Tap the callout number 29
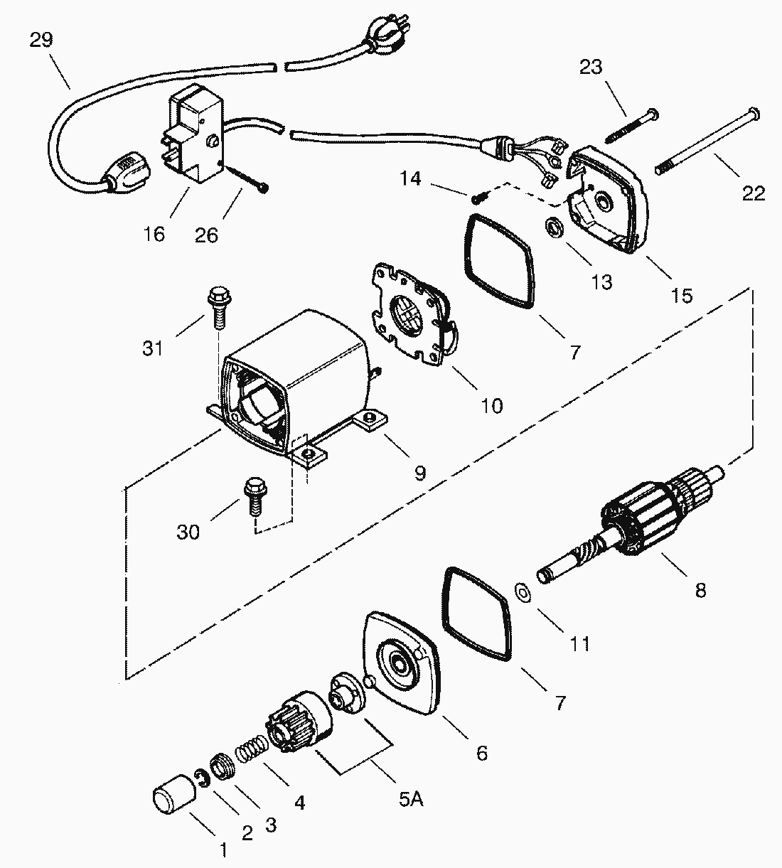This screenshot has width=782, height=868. tap(41, 40)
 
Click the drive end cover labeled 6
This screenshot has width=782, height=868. tap(402, 661)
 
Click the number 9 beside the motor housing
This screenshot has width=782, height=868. tap(420, 471)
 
